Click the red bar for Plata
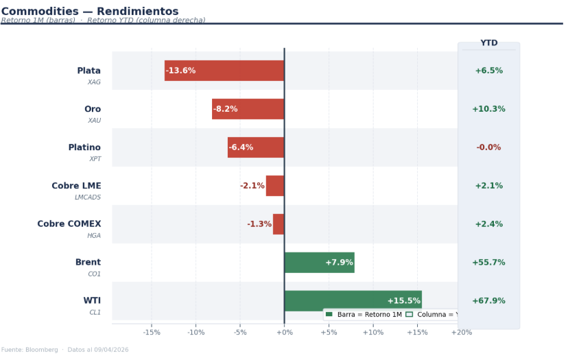[224, 71]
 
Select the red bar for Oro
[248, 109]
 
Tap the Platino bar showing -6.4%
[256, 147]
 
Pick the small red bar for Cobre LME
[275, 186]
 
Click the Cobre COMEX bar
[279, 224]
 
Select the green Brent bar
[319, 263]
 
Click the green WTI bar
[353, 300]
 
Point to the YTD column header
[488, 43]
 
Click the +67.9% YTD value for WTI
[488, 301]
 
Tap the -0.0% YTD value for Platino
[488, 147]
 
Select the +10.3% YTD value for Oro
[488, 109]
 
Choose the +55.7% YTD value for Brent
[488, 263]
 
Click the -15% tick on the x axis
[152, 333]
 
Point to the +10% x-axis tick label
[373, 333]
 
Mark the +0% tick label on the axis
[284, 333]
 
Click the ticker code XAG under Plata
[94, 82]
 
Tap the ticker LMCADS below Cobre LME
[88, 197]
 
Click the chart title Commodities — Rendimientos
[90, 11]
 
